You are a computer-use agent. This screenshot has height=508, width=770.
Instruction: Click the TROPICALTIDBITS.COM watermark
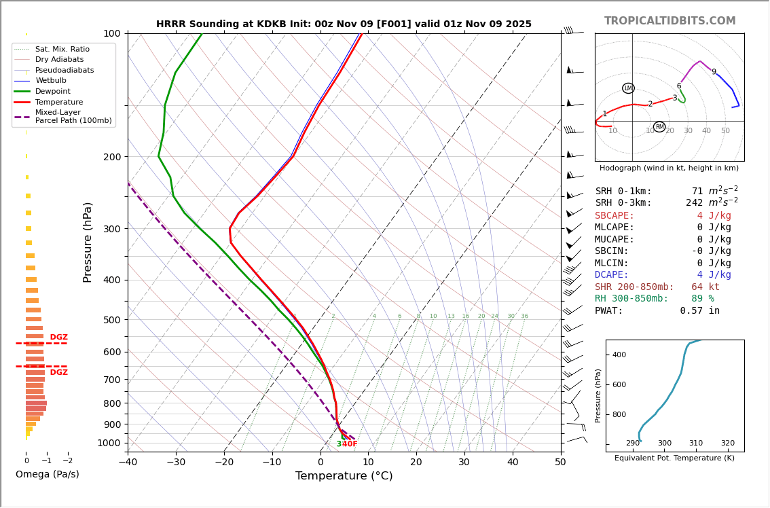point(670,21)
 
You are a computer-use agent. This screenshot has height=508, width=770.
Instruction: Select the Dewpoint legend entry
point(53,92)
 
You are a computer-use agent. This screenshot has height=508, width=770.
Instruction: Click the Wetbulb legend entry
point(52,81)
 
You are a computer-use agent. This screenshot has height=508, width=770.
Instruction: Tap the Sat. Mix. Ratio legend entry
point(62,50)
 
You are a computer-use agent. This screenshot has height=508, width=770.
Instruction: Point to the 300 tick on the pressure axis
point(111,229)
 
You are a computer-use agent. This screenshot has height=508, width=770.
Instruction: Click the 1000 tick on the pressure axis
point(109,443)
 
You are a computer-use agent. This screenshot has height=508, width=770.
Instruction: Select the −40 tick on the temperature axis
point(128,462)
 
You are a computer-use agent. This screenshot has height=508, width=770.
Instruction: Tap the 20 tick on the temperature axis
point(416,462)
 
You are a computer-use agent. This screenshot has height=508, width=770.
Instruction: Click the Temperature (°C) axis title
point(344,476)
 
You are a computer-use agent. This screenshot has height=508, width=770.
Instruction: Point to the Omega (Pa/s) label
point(47,475)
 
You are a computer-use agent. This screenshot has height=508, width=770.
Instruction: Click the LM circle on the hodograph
point(628,88)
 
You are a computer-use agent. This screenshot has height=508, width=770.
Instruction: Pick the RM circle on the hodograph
point(659,127)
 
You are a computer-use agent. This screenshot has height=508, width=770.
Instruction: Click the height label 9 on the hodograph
point(714,72)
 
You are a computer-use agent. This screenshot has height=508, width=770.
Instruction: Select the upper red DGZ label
point(58,338)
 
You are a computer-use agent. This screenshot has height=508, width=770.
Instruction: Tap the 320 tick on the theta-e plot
point(727,443)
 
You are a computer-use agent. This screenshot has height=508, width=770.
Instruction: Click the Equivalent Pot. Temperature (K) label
point(674,458)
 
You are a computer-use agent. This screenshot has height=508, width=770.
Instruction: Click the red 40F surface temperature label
point(350,444)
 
